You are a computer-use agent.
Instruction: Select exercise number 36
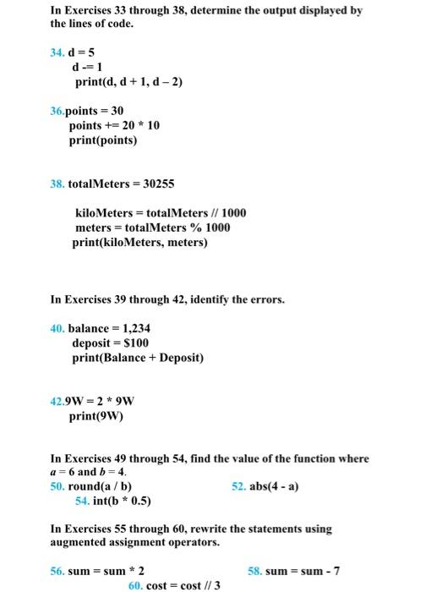pos(58,111)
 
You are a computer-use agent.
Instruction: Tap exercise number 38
pos(58,184)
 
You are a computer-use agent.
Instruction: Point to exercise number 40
pos(58,329)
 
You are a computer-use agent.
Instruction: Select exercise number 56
pos(58,571)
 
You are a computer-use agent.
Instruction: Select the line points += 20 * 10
pos(114,125)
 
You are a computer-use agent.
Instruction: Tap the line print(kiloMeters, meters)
pos(139,243)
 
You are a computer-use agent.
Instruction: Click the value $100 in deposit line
pos(134,343)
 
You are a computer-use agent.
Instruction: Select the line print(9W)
pos(96,416)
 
